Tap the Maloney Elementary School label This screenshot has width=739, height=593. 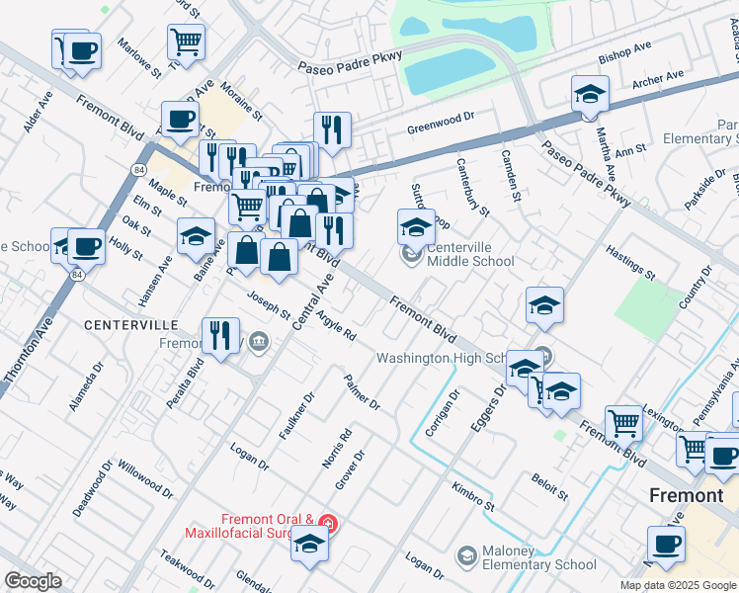click(x=539, y=557)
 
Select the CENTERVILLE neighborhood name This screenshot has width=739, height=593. click(x=130, y=324)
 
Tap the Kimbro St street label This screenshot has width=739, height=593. click(x=472, y=496)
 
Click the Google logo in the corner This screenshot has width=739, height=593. click(x=33, y=581)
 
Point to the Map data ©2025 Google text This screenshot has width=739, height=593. click(x=678, y=584)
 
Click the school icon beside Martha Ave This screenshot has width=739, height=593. click(x=590, y=95)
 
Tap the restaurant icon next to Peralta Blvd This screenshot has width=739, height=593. click(x=218, y=334)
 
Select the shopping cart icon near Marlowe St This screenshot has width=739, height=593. click(x=186, y=42)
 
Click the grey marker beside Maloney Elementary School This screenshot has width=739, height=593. click(x=465, y=557)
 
